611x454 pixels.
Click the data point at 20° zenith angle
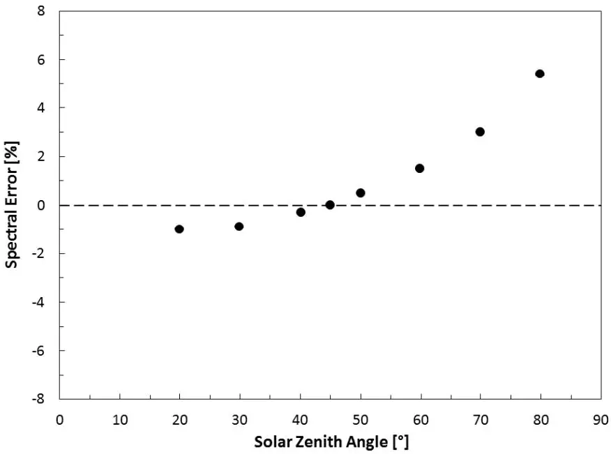coord(179,229)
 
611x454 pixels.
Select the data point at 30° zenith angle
coord(239,226)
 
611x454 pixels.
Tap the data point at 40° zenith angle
coord(301,212)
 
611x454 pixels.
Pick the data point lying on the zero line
coord(330,204)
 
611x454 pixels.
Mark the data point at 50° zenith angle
coord(361,192)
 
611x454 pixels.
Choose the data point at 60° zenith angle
coord(420,168)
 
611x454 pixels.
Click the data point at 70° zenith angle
coord(480,132)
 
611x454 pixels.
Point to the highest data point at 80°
coord(540,73)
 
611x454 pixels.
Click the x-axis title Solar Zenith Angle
coord(331,442)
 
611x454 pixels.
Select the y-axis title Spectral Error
coord(12,204)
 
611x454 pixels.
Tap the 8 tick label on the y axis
coord(43,11)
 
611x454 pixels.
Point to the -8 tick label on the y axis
coord(40,399)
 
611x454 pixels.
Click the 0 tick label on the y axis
coord(43,205)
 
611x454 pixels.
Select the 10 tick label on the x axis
coord(119,420)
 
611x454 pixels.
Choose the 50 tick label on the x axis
coord(361,420)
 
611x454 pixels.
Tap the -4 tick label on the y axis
coord(40,302)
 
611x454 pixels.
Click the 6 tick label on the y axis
coord(43,59)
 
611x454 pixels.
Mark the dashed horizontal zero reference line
coord(453,205)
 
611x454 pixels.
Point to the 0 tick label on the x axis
coord(60,420)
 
